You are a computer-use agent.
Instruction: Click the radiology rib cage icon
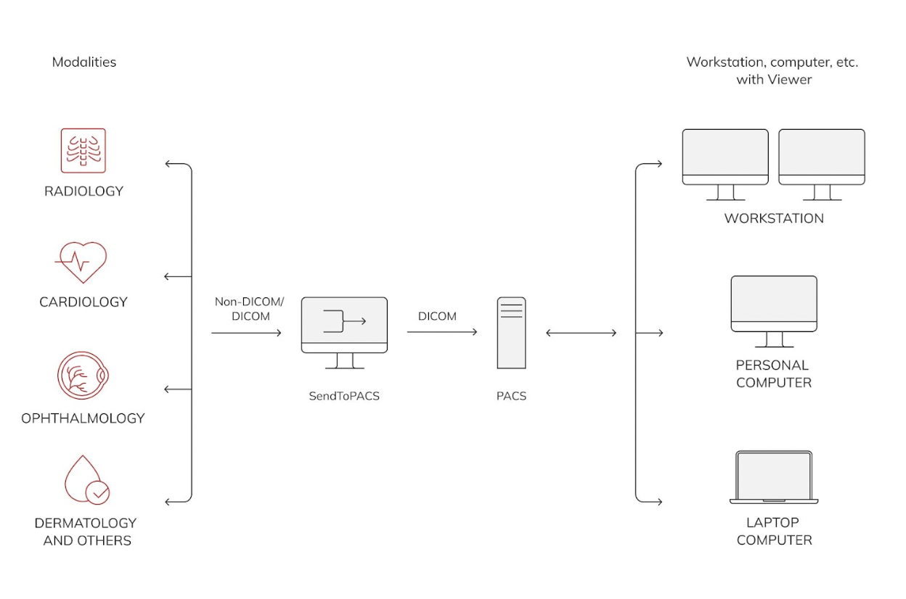[x=83, y=151]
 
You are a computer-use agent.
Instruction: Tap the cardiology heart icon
[x=81, y=262]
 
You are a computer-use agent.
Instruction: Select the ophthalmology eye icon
[x=83, y=376]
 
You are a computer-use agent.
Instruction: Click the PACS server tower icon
[x=511, y=333]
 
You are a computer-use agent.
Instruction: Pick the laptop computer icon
[x=774, y=476]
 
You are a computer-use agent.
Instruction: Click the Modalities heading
[x=84, y=62]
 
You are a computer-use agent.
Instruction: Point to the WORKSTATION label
[x=774, y=218]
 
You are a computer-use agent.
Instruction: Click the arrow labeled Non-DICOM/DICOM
[x=246, y=333]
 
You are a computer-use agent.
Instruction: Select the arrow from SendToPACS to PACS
[x=442, y=332]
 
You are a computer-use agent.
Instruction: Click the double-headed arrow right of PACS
[x=581, y=333]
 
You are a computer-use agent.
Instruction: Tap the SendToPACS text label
[x=344, y=397]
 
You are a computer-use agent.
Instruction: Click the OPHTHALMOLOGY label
[x=83, y=418]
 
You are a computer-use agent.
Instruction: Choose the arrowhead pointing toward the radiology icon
[x=169, y=164]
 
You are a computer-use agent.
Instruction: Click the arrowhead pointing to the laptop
[x=658, y=501]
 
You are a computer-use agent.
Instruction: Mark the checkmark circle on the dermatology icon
[x=98, y=493]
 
